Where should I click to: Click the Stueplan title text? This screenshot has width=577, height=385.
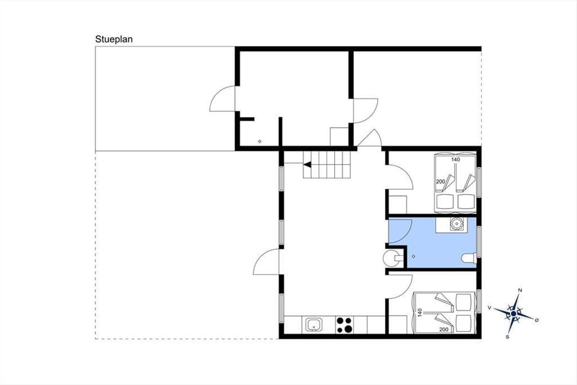(114, 39)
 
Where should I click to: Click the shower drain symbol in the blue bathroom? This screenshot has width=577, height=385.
(414, 257)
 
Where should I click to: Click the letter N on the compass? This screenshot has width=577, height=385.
(520, 290)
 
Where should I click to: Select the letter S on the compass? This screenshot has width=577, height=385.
(507, 337)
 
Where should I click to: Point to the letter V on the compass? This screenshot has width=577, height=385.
(489, 308)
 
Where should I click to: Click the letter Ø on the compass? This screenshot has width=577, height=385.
(537, 320)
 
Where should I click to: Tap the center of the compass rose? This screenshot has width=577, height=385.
(514, 314)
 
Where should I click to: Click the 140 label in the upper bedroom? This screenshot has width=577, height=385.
(455, 160)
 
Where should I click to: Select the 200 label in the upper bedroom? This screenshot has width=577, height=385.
(440, 181)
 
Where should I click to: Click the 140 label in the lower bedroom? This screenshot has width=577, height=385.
(420, 312)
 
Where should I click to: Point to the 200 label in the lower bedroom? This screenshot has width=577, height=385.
(444, 329)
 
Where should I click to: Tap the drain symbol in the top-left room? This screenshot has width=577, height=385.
(260, 141)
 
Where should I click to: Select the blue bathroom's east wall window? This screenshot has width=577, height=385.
(479, 242)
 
